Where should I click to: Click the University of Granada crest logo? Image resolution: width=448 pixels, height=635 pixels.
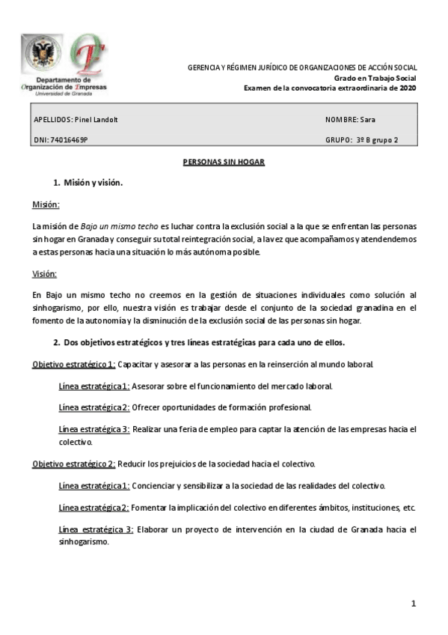[x=42, y=53]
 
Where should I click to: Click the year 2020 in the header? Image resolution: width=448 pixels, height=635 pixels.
[x=408, y=88]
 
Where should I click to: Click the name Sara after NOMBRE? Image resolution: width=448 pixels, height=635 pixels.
[x=367, y=120]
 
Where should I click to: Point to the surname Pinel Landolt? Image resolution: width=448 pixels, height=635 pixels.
[x=97, y=120]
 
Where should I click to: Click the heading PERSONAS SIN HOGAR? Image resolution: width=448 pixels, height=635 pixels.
[x=224, y=162]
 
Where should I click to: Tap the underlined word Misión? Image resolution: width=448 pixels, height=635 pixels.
[x=46, y=204]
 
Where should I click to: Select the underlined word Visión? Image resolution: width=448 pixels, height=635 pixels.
[x=44, y=274]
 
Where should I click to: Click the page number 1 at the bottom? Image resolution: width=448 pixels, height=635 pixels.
[x=412, y=604]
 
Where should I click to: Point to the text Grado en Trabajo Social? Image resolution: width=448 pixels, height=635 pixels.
[x=375, y=78]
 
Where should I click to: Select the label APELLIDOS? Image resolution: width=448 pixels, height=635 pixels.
[x=54, y=120]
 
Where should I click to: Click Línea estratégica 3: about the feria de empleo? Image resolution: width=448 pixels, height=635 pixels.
[x=94, y=429]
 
